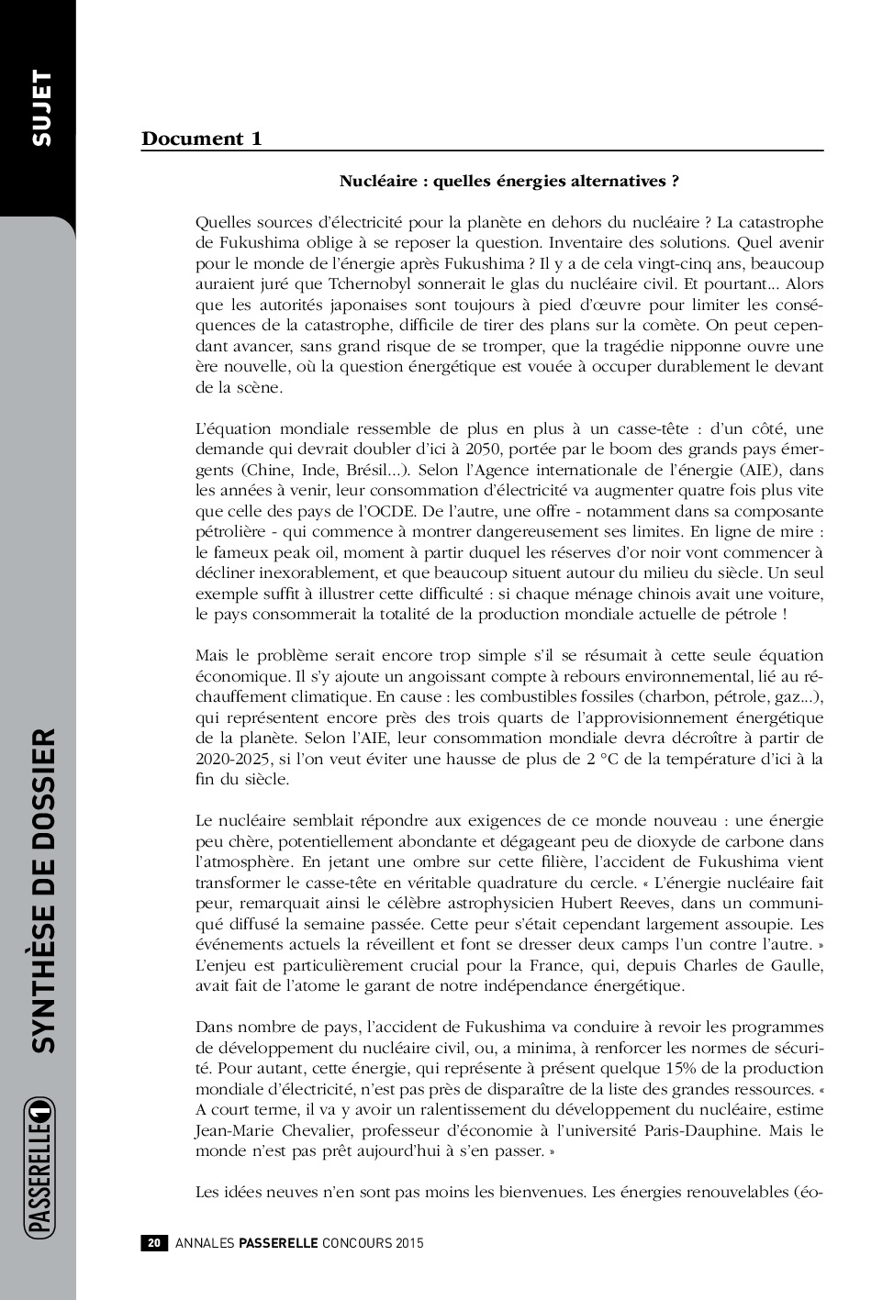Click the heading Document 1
point(201,139)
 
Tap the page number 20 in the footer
point(154,1243)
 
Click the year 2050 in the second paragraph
point(485,450)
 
